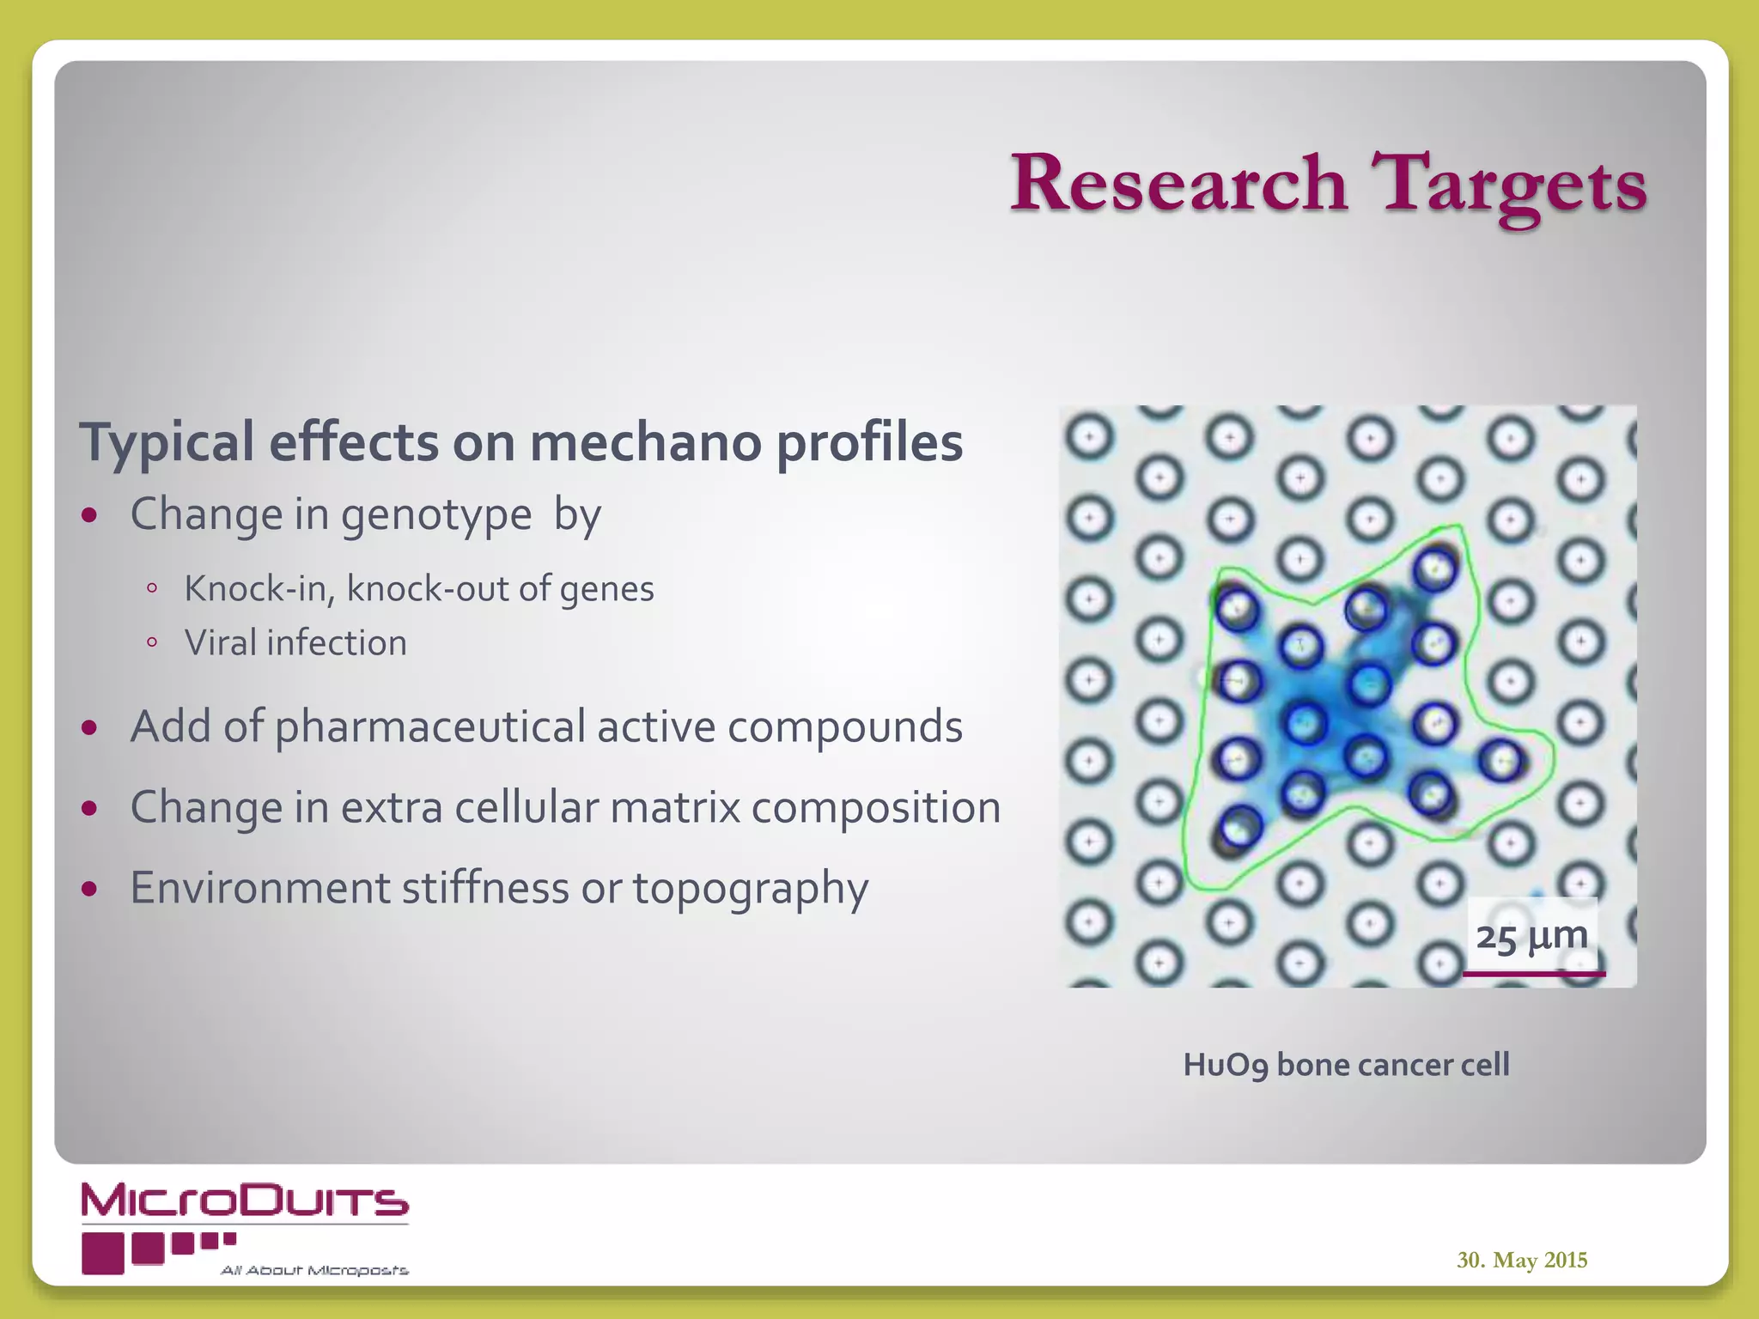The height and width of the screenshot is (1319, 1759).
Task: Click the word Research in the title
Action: point(1178,183)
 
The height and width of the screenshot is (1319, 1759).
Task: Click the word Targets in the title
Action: point(1510,185)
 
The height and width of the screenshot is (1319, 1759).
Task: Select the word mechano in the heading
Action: point(645,442)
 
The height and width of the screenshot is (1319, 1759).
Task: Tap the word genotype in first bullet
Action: point(436,516)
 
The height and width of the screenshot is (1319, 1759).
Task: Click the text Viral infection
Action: point(295,643)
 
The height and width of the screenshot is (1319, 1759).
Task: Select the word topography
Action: point(751,889)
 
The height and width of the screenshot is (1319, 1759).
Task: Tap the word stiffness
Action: point(485,888)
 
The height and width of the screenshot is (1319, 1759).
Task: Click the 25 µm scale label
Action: point(1531,935)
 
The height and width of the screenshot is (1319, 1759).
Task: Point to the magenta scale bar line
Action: point(1534,974)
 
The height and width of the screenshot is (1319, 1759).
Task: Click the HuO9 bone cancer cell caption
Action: point(1346,1065)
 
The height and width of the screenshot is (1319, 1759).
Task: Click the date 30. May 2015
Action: point(1521,1260)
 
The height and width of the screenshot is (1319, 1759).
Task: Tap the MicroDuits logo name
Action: point(245,1200)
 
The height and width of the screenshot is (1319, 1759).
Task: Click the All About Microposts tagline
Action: point(314,1270)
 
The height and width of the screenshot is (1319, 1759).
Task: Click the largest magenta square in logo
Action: point(103,1253)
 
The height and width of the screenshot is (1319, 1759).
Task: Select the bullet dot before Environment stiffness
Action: point(89,889)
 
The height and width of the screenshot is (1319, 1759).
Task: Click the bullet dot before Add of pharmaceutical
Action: point(89,728)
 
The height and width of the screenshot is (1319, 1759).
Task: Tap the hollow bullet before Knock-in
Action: point(152,589)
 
